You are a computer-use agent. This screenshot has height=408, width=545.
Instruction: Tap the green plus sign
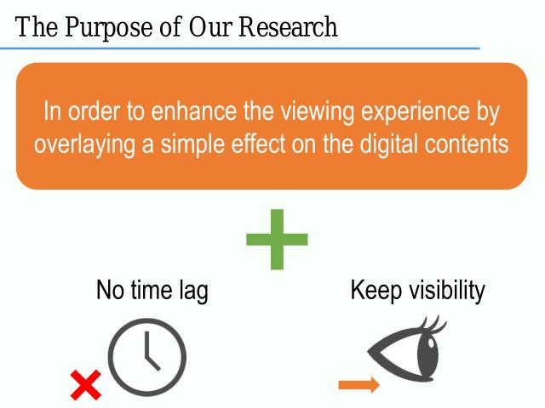277,238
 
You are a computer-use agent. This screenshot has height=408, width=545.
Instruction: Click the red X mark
85,385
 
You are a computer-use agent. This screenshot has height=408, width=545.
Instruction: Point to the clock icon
146,358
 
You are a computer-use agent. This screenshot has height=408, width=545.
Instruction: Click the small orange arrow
359,386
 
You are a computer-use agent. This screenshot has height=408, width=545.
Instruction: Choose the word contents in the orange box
465,144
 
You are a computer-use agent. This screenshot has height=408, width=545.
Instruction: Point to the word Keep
375,291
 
